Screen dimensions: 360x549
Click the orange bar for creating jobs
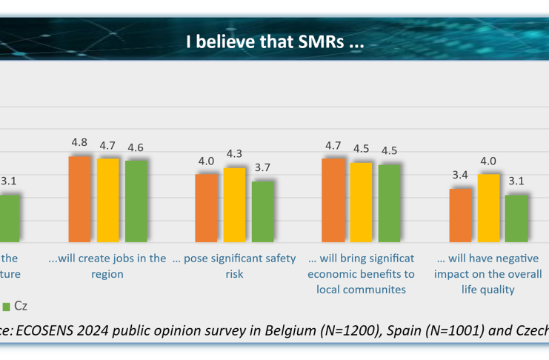(79, 199)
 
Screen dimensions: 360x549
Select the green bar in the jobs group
(136, 201)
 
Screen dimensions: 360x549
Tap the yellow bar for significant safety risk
(235, 205)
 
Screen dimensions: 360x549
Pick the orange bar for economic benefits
(333, 200)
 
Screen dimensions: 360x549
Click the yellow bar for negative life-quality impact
(488, 208)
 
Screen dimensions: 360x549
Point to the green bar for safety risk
(263, 212)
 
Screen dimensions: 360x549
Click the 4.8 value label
(79, 143)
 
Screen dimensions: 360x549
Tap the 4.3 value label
(235, 154)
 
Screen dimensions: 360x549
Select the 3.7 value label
(262, 167)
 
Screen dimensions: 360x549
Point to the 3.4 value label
(460, 176)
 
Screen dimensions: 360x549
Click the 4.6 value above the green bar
(136, 147)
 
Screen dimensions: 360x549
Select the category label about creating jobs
(107, 266)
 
